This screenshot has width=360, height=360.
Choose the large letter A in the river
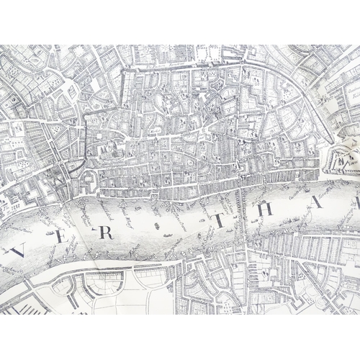[318, 202]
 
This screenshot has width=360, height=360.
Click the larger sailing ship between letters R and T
[156, 226]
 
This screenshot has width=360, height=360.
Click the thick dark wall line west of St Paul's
[86, 133]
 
